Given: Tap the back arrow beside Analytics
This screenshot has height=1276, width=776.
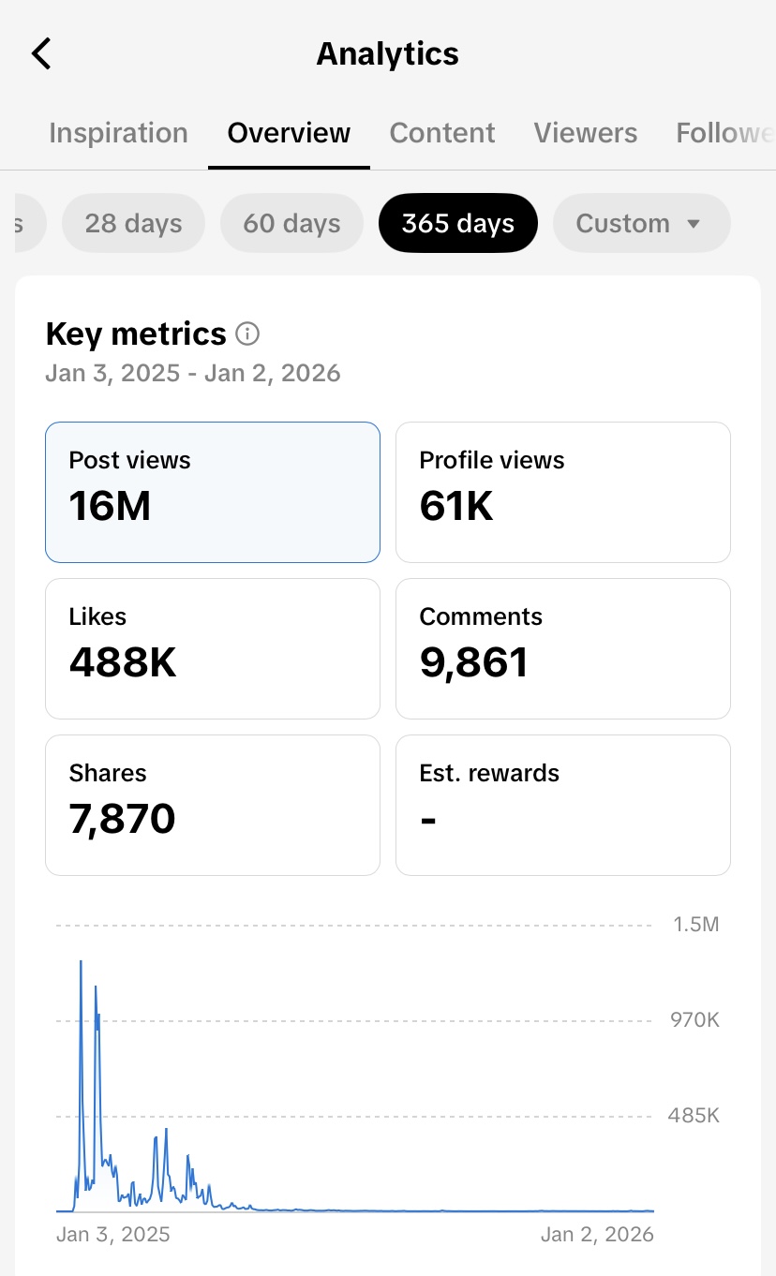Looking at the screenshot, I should tap(42, 53).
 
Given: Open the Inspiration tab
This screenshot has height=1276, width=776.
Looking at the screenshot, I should tap(118, 133).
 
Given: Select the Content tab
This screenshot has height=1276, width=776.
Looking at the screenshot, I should tap(442, 133).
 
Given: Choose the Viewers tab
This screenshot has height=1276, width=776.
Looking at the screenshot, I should tap(586, 133).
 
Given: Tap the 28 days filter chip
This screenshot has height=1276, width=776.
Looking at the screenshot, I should tap(133, 224).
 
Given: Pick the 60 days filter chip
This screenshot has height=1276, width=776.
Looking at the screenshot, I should tap(291, 224).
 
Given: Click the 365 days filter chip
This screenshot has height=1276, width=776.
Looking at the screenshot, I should tap(458, 224).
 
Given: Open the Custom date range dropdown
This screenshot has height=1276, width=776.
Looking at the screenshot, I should tap(641, 224).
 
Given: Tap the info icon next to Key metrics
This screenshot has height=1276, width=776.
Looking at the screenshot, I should tap(247, 334).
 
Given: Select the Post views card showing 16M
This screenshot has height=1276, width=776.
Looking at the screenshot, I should tap(213, 492).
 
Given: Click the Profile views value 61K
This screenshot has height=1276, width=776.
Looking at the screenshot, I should tap(456, 507).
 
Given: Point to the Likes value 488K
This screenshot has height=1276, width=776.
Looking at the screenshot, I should tap(123, 663).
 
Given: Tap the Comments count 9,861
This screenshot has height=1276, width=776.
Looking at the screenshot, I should tap(474, 663).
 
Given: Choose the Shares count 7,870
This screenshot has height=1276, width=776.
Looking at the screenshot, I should tap(122, 820).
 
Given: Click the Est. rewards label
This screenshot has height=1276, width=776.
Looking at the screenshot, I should tap(489, 773).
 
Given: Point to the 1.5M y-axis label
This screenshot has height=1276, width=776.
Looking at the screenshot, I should tap(696, 925).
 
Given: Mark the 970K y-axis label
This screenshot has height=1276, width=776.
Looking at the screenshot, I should tap(694, 1020).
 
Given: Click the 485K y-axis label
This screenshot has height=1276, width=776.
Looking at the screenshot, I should tap(694, 1116).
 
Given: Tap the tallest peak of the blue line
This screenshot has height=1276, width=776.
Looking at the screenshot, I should tap(81, 962).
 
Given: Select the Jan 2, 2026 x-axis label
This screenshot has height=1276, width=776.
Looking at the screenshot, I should tap(597, 1234).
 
